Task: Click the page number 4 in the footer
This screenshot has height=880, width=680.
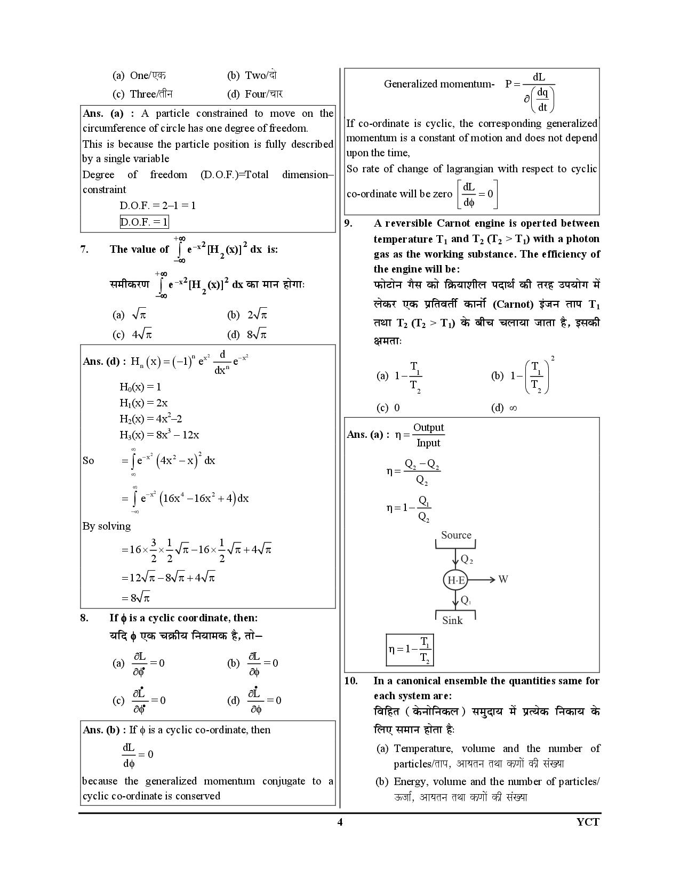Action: point(340,822)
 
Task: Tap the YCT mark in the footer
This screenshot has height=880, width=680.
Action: point(588,822)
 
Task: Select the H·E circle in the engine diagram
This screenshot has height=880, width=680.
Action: point(455,580)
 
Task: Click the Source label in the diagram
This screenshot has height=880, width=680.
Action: point(456,535)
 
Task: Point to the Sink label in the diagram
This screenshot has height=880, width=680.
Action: point(452,620)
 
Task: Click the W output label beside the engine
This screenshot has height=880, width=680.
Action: point(503,579)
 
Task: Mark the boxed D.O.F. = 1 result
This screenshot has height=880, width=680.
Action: point(144,222)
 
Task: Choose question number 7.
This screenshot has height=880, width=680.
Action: point(84,249)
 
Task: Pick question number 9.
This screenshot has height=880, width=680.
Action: point(348,223)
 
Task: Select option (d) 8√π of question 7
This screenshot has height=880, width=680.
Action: point(247,334)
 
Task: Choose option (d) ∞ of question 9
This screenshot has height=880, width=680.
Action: point(504,408)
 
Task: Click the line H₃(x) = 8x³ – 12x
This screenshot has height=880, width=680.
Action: point(159,435)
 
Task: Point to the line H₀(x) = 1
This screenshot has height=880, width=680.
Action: point(140,387)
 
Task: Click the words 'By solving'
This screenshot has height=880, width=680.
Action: point(107,526)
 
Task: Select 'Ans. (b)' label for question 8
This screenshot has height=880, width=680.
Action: point(105,730)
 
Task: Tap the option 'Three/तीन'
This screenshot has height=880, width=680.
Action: point(143,94)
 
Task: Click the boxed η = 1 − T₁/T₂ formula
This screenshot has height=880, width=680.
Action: point(410,650)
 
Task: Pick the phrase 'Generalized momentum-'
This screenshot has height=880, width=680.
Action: point(439,84)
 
